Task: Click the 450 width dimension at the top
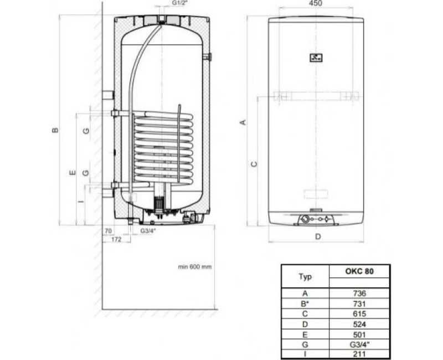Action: pyautogui.click(x=315, y=4)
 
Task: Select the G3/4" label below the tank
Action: pyautogui.click(x=148, y=230)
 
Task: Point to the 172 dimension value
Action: pyautogui.click(x=116, y=239)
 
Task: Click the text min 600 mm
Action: pyautogui.click(x=194, y=266)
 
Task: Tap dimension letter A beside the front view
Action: pyautogui.click(x=242, y=122)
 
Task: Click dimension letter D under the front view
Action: pyautogui.click(x=318, y=237)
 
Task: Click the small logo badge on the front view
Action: pyautogui.click(x=315, y=57)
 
